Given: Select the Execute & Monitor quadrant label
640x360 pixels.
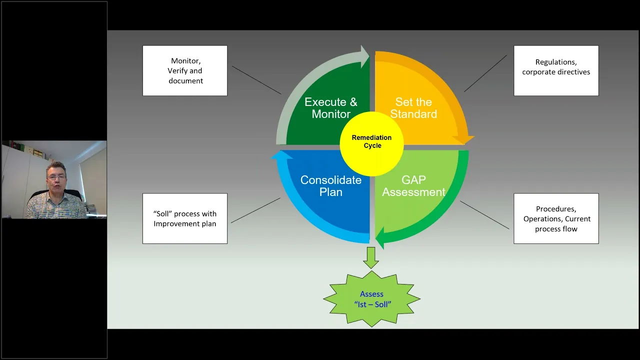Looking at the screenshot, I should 330,108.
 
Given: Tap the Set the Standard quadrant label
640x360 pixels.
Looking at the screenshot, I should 413,108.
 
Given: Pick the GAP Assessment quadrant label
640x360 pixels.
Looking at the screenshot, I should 413,186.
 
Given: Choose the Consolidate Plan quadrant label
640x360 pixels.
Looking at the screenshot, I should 330,186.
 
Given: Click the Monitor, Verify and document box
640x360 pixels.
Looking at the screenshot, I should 185,70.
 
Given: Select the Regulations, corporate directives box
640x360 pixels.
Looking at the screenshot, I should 556,70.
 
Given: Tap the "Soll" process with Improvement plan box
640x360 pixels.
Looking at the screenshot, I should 185,218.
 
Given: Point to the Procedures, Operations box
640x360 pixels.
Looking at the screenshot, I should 556,218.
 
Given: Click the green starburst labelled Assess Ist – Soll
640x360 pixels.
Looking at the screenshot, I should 372,299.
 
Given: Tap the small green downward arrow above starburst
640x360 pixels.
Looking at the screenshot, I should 371,257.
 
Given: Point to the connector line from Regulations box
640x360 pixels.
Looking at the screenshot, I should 485,73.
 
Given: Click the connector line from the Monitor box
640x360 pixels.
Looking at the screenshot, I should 256,80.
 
